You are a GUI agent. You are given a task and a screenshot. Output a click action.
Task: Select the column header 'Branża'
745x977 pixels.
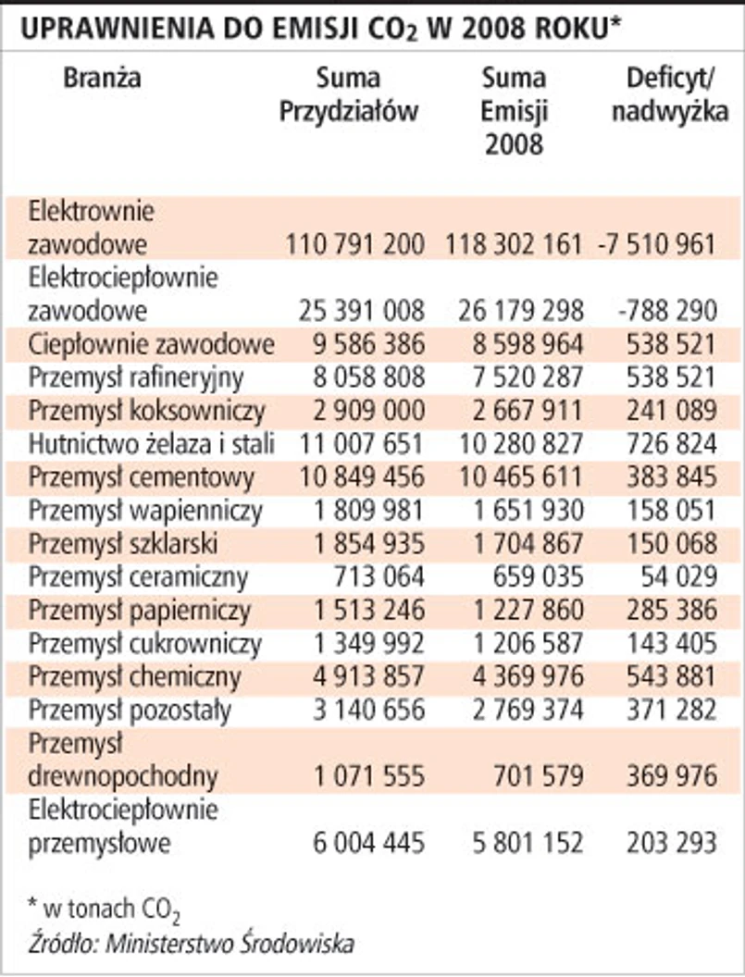click(102, 79)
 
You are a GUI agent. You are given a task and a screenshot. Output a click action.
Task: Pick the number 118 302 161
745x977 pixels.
click(514, 244)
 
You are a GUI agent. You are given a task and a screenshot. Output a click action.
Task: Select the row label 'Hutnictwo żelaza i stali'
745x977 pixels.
click(151, 445)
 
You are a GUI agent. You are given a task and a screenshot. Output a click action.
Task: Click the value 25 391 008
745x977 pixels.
click(356, 309)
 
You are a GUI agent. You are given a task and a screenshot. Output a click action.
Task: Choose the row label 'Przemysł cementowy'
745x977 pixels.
click(142, 478)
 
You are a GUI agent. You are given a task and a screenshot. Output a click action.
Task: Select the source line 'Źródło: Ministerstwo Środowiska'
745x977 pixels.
click(191, 944)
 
